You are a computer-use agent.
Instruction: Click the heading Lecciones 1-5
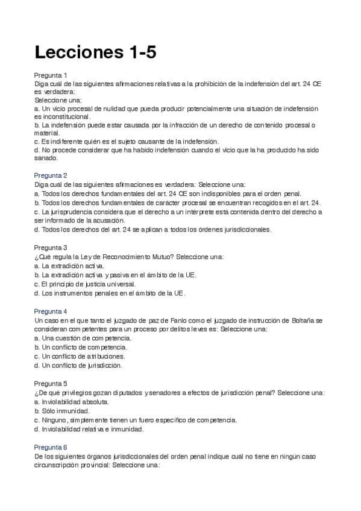(95, 52)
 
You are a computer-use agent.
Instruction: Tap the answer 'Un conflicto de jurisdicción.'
(79, 366)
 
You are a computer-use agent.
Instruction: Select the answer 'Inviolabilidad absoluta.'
(72, 401)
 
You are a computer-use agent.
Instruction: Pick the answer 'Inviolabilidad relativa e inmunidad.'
(89, 429)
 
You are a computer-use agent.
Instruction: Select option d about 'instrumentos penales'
(110, 293)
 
